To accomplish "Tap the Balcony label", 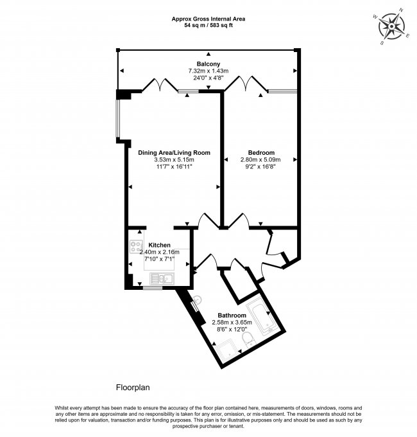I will click(x=208, y=63).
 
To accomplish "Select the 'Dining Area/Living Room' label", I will click(x=174, y=152).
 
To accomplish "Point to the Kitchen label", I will click(x=159, y=245).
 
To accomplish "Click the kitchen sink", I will click(x=159, y=278).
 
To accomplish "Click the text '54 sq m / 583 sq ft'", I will click(x=208, y=26).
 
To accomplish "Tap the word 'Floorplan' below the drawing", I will click(x=133, y=388).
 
